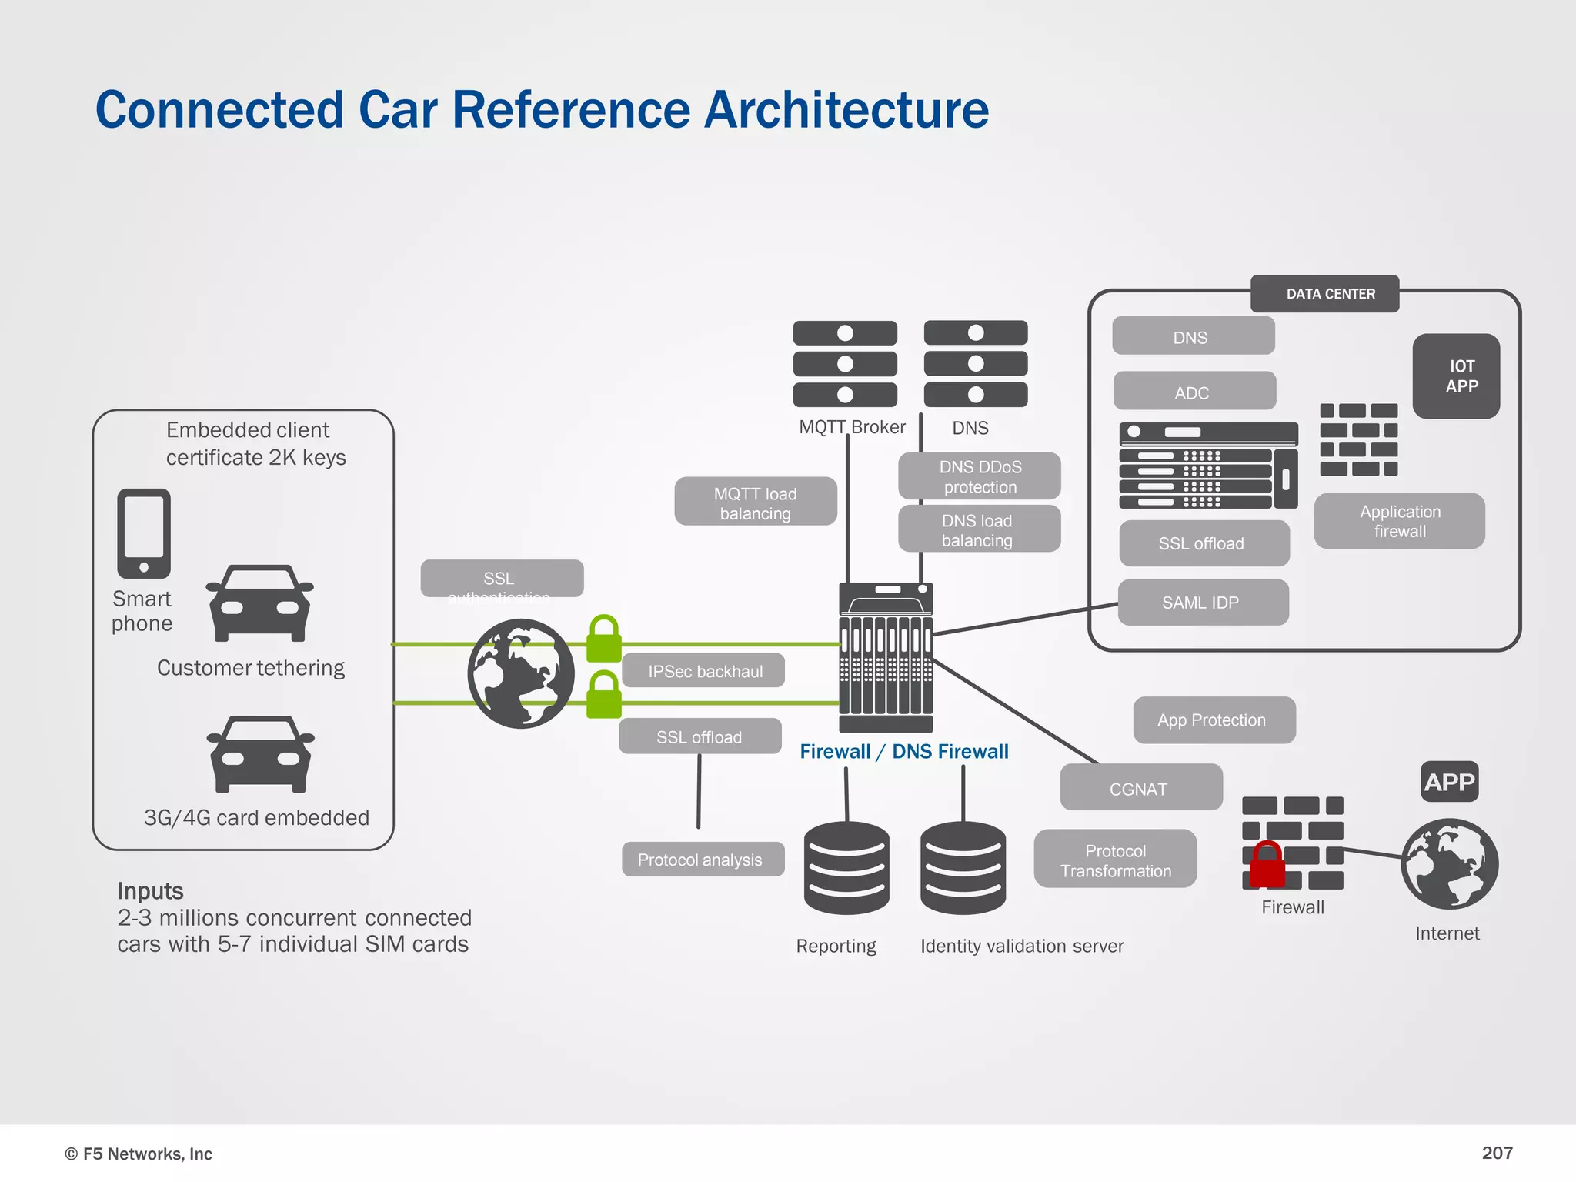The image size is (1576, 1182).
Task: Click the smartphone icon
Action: (144, 533)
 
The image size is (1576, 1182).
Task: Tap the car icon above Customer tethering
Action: (260, 603)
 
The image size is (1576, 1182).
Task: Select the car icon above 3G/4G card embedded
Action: (260, 754)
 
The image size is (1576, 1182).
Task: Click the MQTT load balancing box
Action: (755, 503)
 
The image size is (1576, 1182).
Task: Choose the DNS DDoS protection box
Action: (979, 476)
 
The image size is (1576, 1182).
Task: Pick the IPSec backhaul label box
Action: (703, 671)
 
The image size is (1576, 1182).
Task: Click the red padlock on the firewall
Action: (1267, 865)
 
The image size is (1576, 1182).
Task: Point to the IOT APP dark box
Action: (1456, 376)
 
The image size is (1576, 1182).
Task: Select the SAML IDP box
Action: (1203, 603)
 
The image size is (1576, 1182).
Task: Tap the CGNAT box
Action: (1140, 788)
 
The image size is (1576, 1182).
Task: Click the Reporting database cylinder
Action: (846, 868)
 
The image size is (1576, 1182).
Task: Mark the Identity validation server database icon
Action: (963, 868)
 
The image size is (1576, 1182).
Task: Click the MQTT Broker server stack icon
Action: (845, 364)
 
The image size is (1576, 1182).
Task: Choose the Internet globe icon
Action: (1449, 863)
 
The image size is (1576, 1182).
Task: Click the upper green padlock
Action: (603, 638)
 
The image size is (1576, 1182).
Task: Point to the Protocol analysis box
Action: (703, 860)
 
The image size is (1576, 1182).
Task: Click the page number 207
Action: (1497, 1153)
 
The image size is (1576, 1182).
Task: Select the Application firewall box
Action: (1399, 521)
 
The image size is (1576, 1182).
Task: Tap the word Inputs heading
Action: (150, 890)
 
